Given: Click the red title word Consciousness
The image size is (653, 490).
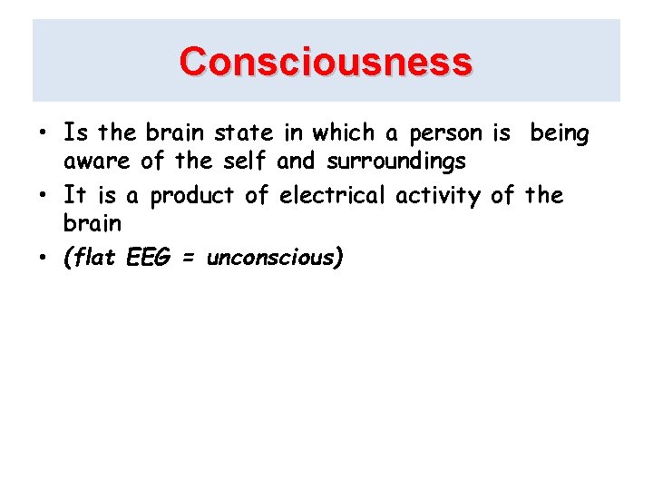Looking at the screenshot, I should point(326,62).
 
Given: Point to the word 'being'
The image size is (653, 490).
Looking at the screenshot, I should point(560,134).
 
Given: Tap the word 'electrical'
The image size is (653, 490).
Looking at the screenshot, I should point(334,194).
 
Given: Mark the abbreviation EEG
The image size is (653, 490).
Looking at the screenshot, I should point(147,257).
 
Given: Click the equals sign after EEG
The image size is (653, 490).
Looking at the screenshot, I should point(189,258).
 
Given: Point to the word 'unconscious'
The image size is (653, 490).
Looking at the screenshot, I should point(271,257).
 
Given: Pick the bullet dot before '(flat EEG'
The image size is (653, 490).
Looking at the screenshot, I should point(44,259).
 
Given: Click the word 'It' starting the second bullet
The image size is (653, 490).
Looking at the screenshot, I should point(74,194).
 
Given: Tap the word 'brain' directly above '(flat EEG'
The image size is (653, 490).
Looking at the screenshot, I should point(92,223).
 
